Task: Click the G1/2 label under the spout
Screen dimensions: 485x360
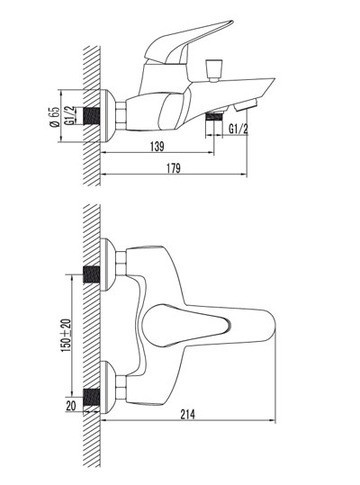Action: tap(237, 128)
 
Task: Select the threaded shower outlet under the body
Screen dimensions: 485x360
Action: tap(212, 118)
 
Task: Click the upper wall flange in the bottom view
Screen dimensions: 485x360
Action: tap(110, 263)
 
